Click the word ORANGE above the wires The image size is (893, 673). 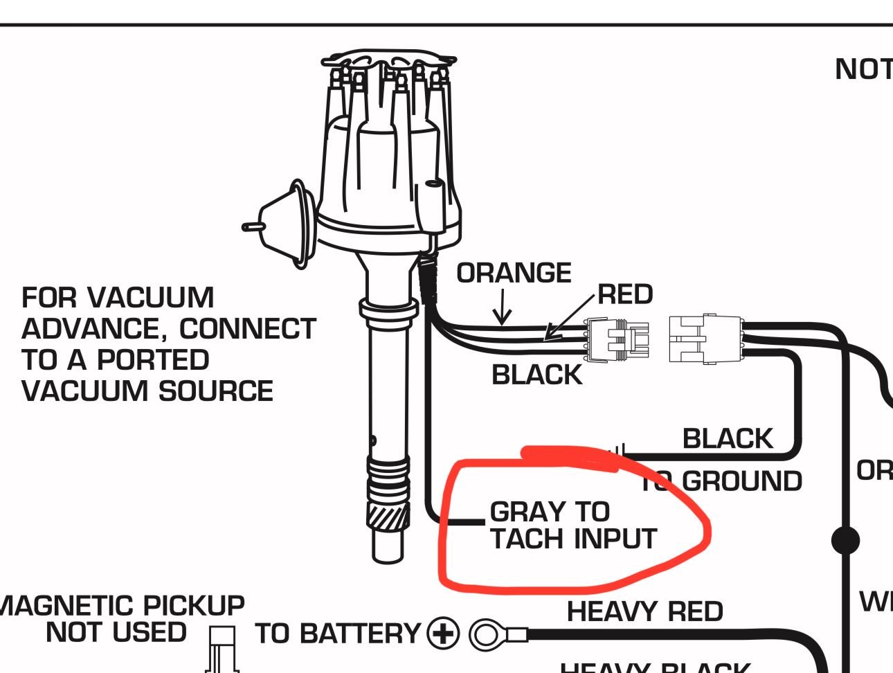pos(514,273)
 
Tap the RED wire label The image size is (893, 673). pos(625,294)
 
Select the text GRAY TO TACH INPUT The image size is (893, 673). pos(572,526)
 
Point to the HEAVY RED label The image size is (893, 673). pos(644,611)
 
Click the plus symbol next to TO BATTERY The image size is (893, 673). pos(443,634)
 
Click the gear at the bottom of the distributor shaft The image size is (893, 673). pos(388,516)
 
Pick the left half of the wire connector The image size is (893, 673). pos(617,340)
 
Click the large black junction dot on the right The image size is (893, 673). pos(845,540)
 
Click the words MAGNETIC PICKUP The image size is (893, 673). pos(121,606)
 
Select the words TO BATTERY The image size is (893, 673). pos(338,634)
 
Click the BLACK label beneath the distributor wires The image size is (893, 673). pos(536,375)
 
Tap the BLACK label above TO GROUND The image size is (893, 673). pos(727,438)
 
